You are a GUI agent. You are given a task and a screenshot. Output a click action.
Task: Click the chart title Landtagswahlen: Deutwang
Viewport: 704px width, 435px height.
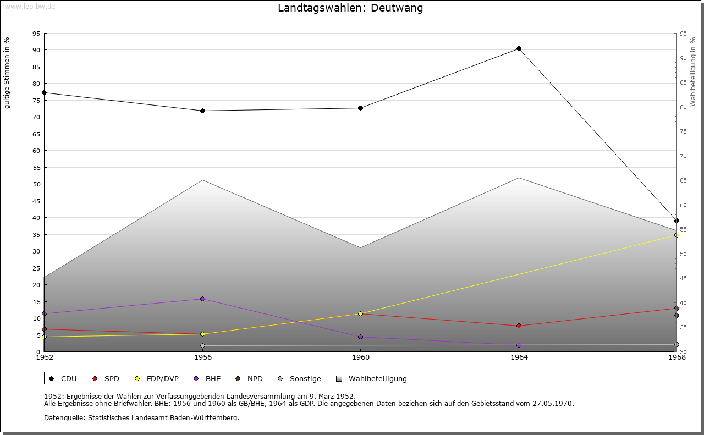tap(350, 8)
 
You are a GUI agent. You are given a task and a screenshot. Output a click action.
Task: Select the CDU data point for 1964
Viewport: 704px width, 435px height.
tap(519, 49)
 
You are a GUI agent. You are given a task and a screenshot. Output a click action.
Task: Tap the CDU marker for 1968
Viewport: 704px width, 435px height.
tap(676, 221)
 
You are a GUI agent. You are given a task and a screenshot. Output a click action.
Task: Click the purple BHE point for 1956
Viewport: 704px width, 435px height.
tap(202, 299)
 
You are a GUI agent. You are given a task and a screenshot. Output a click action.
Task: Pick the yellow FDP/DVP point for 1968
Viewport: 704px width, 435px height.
tap(676, 235)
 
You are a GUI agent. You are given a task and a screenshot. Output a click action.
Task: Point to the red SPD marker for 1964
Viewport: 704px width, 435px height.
tap(519, 326)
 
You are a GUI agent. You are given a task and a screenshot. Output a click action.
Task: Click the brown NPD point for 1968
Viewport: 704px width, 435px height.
tap(676, 315)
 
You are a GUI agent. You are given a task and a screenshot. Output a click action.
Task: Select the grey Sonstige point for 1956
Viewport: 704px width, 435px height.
tap(202, 346)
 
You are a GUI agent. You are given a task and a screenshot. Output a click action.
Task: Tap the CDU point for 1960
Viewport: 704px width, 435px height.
tap(361, 108)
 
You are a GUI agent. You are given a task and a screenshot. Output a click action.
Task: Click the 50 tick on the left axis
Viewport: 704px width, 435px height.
tap(36, 184)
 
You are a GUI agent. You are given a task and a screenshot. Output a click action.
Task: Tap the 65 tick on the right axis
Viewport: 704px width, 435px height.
tap(683, 180)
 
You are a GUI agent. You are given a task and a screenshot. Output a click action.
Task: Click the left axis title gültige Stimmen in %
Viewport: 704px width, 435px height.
tap(7, 73)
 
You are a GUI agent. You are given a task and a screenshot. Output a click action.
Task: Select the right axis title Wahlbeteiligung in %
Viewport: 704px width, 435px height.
tap(693, 71)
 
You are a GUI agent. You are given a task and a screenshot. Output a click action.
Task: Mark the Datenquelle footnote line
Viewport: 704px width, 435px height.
tap(141, 417)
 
